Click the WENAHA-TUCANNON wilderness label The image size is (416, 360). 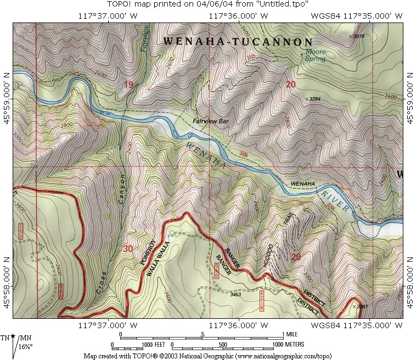(238, 42)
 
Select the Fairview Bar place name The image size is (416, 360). (210, 121)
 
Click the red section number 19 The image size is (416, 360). (128, 85)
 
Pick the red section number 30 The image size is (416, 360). (128, 249)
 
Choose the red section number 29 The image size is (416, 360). (296, 257)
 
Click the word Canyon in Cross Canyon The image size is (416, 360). (122, 189)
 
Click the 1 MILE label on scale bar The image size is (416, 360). (291, 334)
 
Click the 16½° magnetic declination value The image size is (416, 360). (26, 346)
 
